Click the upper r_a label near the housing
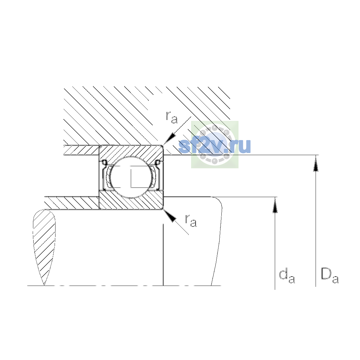coord(172,118)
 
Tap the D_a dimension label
coord(330,276)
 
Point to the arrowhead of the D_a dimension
coord(316,164)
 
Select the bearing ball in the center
coord(131,177)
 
